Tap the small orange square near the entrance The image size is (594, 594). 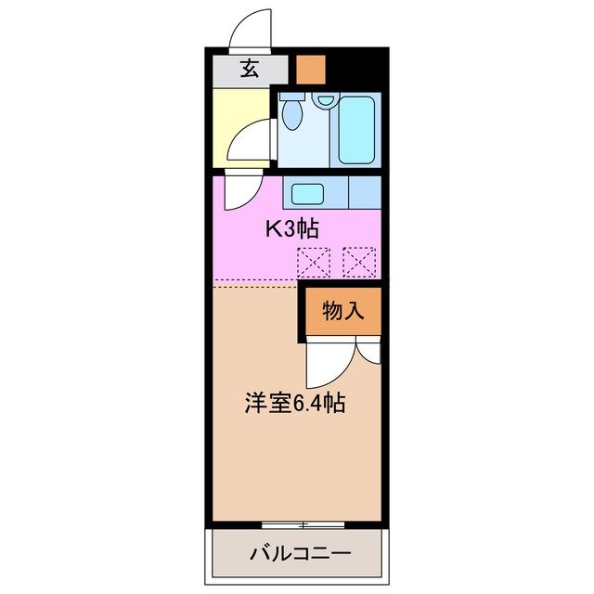pyautogui.click(x=311, y=69)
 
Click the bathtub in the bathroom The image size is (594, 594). pyautogui.click(x=355, y=129)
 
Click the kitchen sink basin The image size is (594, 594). pyautogui.click(x=307, y=194)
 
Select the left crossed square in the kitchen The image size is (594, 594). pyautogui.click(x=313, y=262)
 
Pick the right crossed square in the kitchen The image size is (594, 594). pyautogui.click(x=358, y=262)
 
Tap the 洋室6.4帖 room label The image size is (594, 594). pyautogui.click(x=295, y=404)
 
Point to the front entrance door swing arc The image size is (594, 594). pyautogui.click(x=249, y=28)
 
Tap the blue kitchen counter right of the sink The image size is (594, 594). pyautogui.click(x=365, y=193)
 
